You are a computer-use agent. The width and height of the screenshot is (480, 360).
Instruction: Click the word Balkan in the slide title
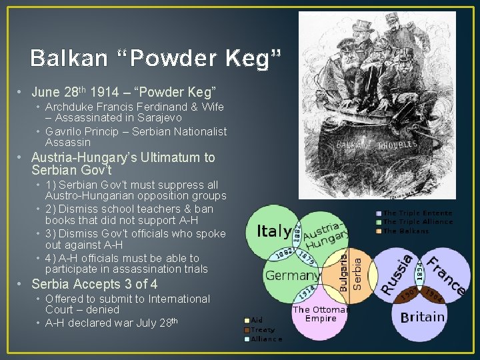tap(69, 59)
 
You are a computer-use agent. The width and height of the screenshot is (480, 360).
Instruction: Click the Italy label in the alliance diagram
tap(273, 232)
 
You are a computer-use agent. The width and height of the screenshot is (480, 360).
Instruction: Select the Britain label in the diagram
tap(422, 317)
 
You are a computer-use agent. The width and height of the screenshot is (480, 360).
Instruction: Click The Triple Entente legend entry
tap(417, 213)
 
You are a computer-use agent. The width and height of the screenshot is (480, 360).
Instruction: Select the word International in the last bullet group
tap(173, 299)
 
